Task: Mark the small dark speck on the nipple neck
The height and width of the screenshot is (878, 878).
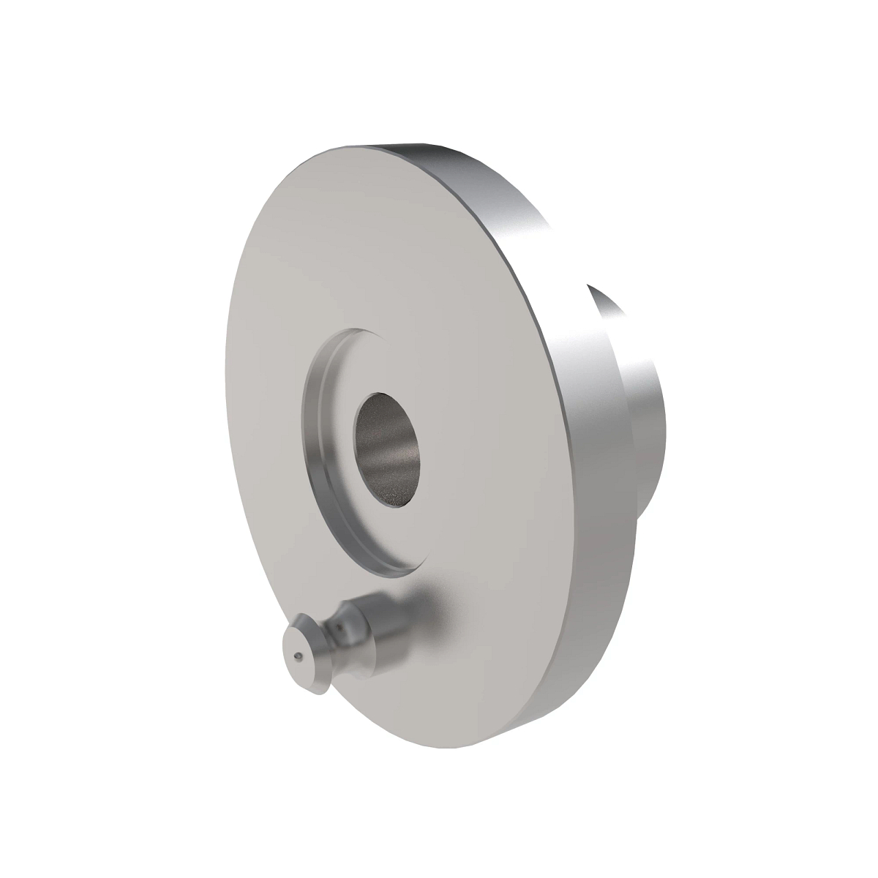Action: [342, 626]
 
